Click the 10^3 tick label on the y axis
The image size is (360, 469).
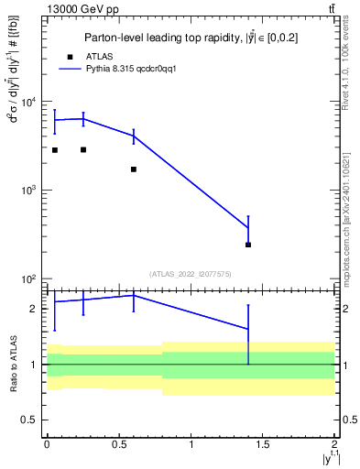(29, 190)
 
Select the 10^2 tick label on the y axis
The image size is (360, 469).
(29, 278)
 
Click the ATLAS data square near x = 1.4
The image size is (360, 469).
(248, 245)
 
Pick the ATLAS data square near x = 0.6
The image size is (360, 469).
(134, 169)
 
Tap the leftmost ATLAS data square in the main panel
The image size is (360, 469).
(55, 150)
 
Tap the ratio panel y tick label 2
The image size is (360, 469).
(35, 309)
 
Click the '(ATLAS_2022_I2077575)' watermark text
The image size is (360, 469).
(191, 273)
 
